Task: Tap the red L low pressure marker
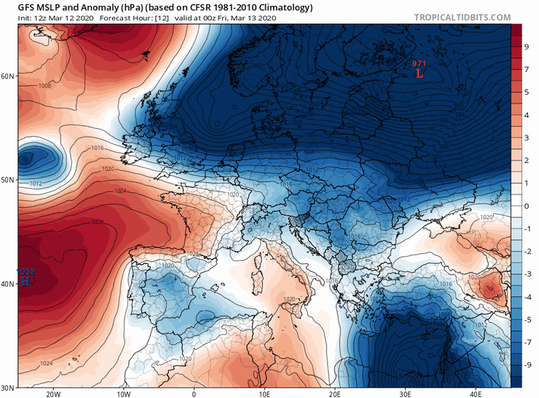[419, 73]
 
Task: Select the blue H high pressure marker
[25, 279]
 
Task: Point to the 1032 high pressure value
[25, 271]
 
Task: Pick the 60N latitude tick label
[9, 76]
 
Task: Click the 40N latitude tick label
[9, 284]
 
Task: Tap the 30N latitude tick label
[9, 387]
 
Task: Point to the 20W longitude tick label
[52, 393]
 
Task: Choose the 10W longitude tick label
[123, 393]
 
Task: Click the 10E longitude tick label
[264, 393]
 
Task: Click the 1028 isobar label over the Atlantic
[97, 222]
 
